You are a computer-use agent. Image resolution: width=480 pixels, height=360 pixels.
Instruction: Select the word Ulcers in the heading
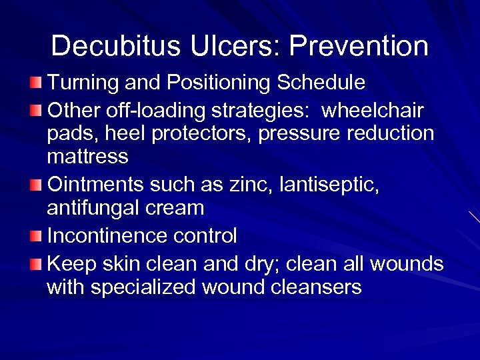coord(227,46)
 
